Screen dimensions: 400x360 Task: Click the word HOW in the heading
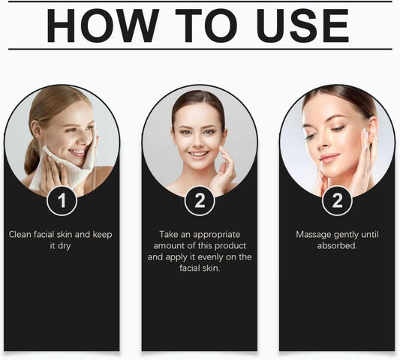(x=103, y=25)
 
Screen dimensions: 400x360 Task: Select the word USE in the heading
(x=302, y=25)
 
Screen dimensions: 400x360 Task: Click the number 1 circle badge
(x=62, y=201)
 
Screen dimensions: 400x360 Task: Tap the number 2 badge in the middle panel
(x=200, y=201)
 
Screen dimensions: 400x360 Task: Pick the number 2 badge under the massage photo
(x=337, y=201)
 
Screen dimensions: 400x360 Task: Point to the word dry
(x=64, y=246)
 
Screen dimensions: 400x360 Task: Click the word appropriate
(x=217, y=235)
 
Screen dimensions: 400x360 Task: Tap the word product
(x=230, y=246)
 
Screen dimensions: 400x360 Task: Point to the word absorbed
(x=337, y=246)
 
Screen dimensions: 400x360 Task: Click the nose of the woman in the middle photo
(x=198, y=142)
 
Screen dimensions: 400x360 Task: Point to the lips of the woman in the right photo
(x=329, y=158)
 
